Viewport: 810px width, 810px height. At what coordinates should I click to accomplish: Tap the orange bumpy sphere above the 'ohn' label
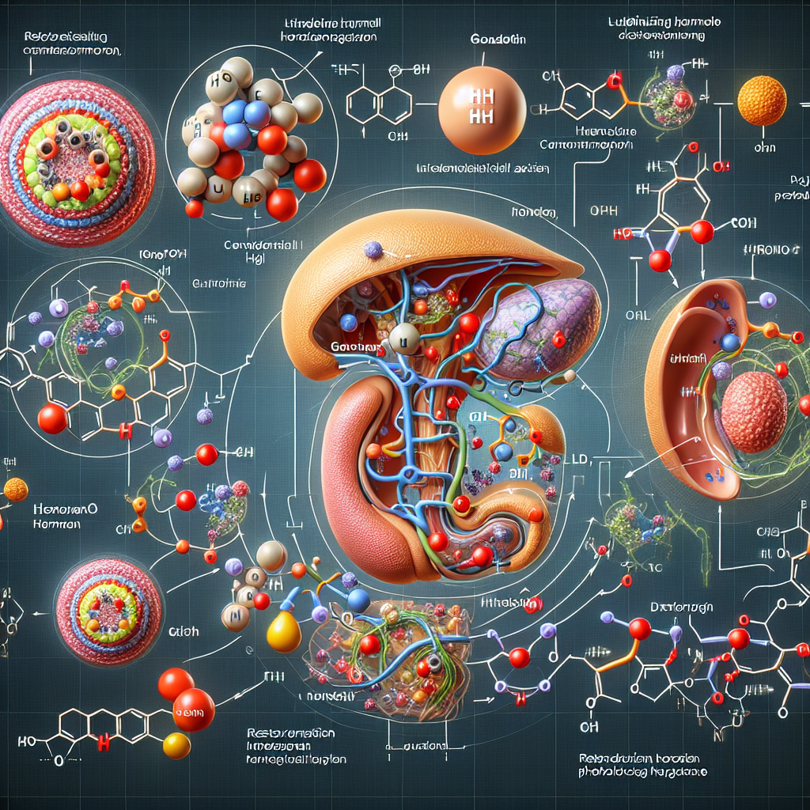pos(762,100)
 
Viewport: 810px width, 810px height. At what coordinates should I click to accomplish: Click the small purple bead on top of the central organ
pos(373,251)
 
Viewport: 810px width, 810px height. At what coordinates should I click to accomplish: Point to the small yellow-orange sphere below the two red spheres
pos(176,745)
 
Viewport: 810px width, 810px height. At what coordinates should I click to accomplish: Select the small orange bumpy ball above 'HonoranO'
pos(16,490)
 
